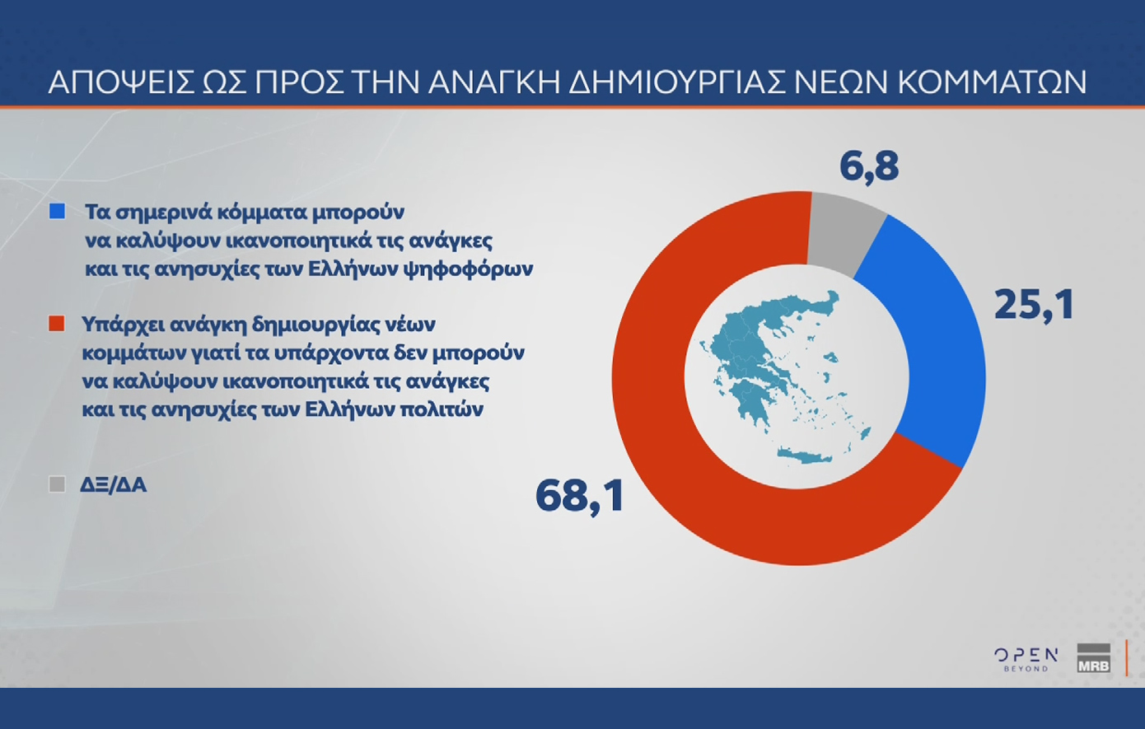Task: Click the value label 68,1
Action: coord(580,496)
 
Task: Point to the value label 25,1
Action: coord(1034,306)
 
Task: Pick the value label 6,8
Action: coord(869,166)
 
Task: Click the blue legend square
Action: coord(57,212)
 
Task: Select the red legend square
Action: coord(57,324)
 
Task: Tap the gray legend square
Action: coord(57,484)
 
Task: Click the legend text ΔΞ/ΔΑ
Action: coord(114,484)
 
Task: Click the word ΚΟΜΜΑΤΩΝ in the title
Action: coord(992,82)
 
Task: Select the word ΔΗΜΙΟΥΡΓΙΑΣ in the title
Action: coord(676,82)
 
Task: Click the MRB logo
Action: coord(1093,658)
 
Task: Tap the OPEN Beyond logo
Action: coord(1026,660)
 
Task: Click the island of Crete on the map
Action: coord(805,456)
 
